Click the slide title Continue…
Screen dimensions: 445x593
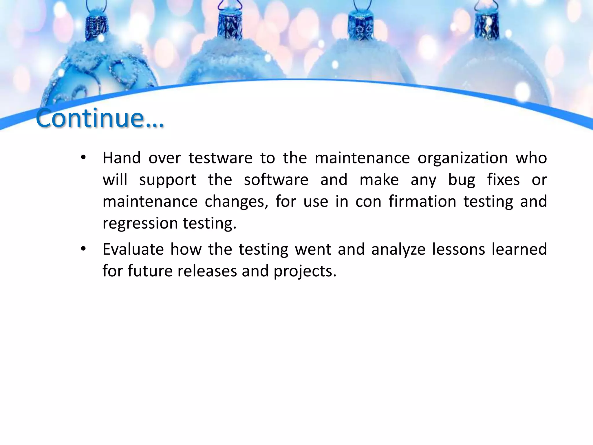[100, 118]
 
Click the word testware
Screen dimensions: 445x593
[220, 158]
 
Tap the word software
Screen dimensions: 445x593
[276, 180]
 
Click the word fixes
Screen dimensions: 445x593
[503, 180]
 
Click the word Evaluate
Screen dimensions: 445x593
[133, 249]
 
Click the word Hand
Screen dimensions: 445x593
[122, 158]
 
